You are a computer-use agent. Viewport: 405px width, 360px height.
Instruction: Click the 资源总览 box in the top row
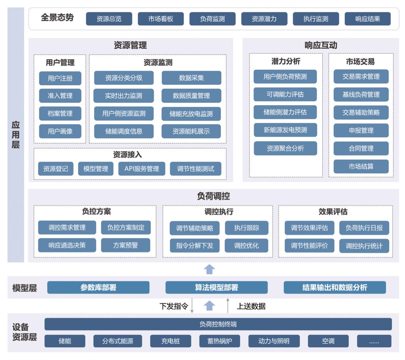109,19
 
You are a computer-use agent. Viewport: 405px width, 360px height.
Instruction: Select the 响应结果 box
368,19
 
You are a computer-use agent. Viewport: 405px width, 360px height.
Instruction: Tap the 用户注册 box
60,78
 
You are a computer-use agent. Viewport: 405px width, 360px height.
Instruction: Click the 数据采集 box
191,78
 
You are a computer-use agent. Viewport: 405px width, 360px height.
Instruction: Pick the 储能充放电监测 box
191,114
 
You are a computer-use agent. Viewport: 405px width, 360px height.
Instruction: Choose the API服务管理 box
142,169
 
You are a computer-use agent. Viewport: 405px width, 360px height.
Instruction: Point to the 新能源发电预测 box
285,130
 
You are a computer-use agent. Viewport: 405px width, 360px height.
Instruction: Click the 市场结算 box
361,166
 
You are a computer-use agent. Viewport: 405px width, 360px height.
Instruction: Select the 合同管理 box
361,148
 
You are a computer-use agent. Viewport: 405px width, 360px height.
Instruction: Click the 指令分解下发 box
195,245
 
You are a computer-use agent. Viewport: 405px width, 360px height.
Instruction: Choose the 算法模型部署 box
216,287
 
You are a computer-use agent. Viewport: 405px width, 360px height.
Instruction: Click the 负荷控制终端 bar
218,324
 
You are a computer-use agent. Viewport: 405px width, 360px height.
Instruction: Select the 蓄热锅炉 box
220,341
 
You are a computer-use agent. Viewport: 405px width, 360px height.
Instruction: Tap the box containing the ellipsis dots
374,341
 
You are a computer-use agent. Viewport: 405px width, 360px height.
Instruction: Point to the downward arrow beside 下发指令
192,306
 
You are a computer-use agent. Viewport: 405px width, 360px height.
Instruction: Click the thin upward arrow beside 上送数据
228,306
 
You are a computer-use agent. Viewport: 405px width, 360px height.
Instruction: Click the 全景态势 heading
57,18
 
